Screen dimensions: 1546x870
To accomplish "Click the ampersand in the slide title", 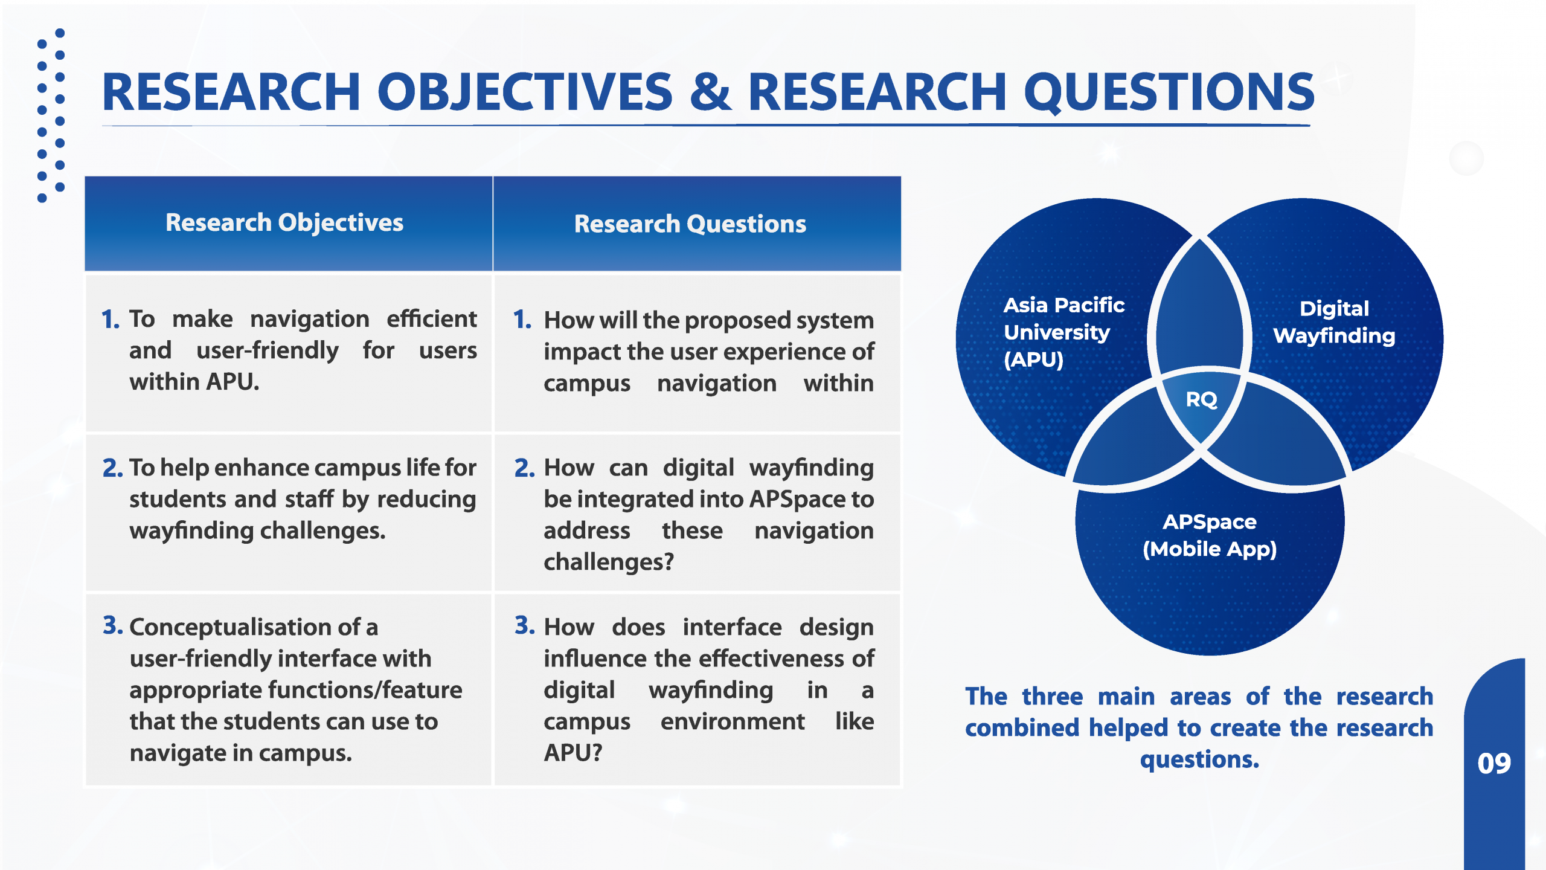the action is click(711, 92).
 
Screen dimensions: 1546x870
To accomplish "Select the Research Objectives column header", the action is click(284, 223).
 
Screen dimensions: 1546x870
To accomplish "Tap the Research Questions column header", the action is click(690, 224).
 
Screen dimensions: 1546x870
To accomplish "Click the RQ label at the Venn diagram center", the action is click(1201, 399).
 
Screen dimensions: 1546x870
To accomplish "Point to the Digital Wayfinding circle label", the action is click(1334, 322).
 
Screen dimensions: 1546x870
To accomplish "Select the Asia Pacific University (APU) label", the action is click(1063, 332).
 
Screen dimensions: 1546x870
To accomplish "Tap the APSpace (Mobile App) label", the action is click(1210, 535).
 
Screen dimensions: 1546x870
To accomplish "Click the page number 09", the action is click(1494, 763).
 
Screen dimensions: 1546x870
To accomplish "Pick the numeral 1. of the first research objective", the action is click(111, 320).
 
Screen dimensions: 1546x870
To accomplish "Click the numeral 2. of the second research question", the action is click(524, 468).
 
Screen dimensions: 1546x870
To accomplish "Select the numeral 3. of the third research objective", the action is click(112, 626).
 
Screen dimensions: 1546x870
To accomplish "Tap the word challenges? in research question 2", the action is click(609, 562).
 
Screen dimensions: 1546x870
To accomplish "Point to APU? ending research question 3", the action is click(573, 753).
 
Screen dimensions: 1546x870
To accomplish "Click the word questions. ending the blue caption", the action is click(1199, 759).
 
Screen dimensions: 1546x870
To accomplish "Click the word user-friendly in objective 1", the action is click(268, 351).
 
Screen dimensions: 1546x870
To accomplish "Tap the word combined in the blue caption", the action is click(1022, 728).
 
